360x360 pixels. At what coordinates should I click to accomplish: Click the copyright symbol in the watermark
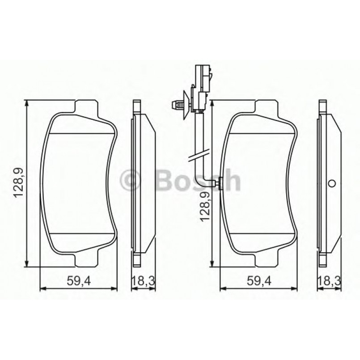coord(131,181)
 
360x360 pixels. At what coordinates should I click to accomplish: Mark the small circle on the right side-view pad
coord(331,183)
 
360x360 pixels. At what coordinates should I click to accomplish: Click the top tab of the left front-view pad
coord(86,108)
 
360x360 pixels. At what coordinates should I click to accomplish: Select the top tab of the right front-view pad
coord(267,108)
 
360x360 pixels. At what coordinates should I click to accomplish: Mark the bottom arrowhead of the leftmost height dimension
coord(28,264)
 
